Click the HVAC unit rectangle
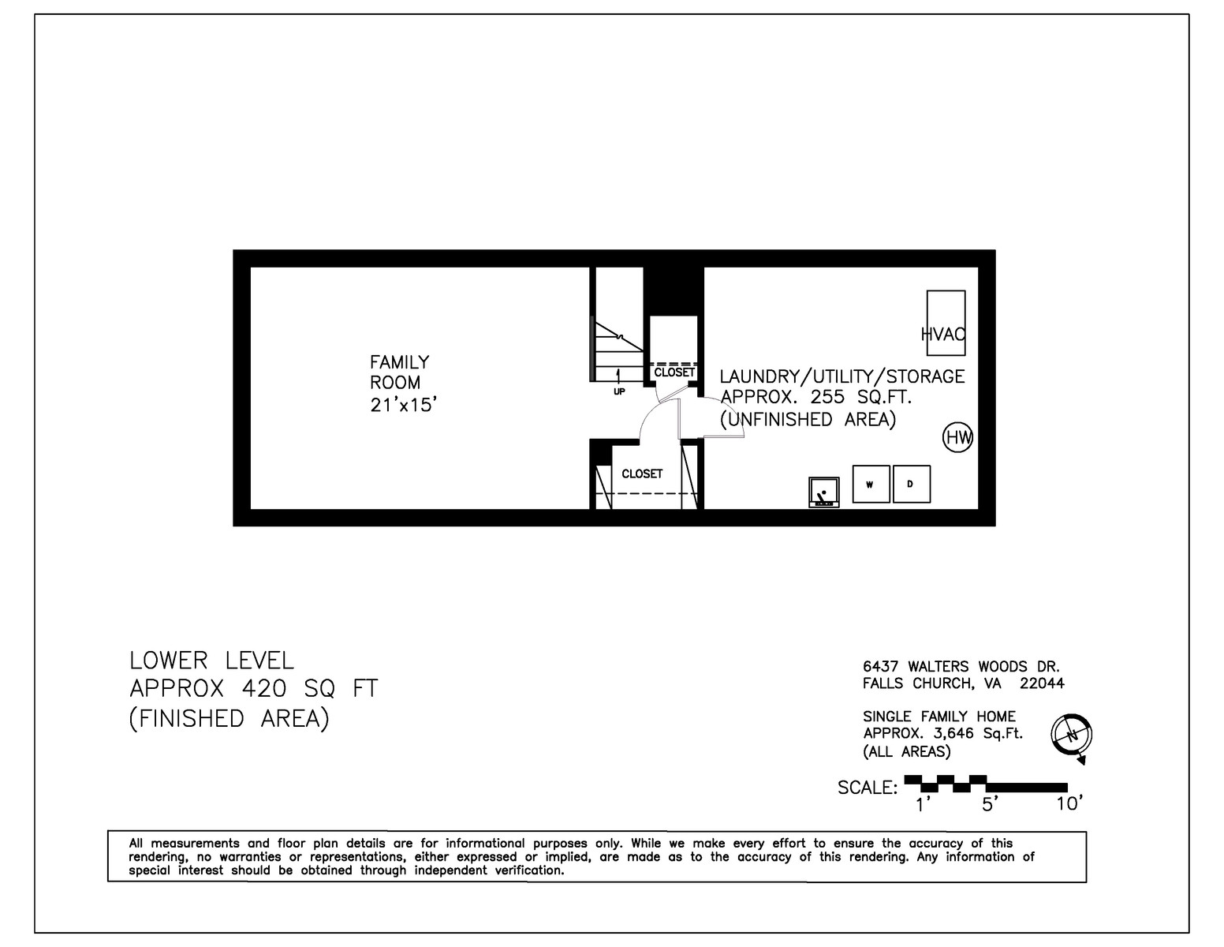(x=946, y=323)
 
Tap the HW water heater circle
(x=957, y=437)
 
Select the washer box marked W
(x=871, y=484)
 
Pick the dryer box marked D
(x=912, y=484)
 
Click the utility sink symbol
(x=824, y=492)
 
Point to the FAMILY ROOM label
(x=399, y=372)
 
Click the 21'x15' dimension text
(x=404, y=405)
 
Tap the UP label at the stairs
(x=619, y=391)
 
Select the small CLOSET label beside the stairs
(x=674, y=372)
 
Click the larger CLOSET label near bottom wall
(x=642, y=473)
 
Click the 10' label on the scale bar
(x=1069, y=804)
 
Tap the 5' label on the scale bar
(x=991, y=804)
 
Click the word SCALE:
(x=868, y=787)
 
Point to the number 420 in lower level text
(x=265, y=688)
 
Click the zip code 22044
(x=1042, y=683)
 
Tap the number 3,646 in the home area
(x=952, y=733)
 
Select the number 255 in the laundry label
(x=827, y=397)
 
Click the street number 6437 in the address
(x=880, y=666)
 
